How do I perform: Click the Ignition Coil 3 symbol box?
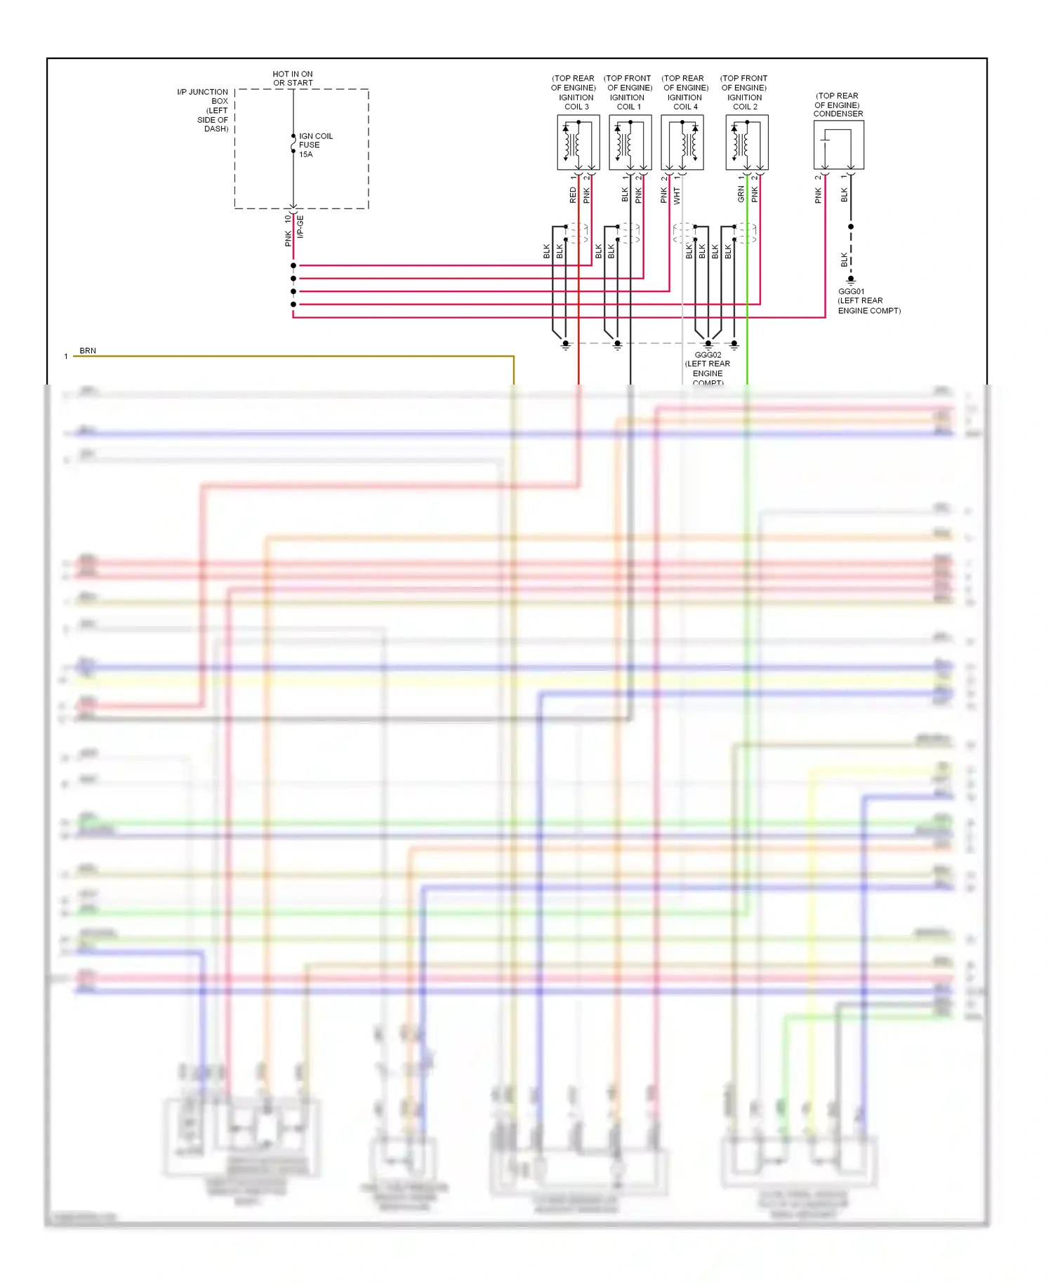click(578, 142)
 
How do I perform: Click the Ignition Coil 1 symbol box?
click(630, 142)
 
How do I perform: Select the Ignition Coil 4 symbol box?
click(682, 142)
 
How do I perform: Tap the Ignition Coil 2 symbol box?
click(746, 142)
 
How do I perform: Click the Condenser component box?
click(838, 145)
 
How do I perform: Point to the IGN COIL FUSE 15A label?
click(315, 145)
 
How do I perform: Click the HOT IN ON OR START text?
click(293, 78)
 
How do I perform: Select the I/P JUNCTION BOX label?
click(204, 110)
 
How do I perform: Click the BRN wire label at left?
click(88, 351)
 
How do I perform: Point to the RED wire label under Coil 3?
click(573, 195)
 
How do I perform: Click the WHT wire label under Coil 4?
click(677, 195)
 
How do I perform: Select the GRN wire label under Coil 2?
click(741, 194)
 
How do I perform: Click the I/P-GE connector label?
click(300, 227)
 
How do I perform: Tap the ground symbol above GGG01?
click(851, 279)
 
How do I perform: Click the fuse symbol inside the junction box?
click(293, 145)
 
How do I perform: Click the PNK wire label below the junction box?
click(288, 239)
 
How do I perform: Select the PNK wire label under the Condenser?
click(818, 196)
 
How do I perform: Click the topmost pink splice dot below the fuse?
click(293, 265)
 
